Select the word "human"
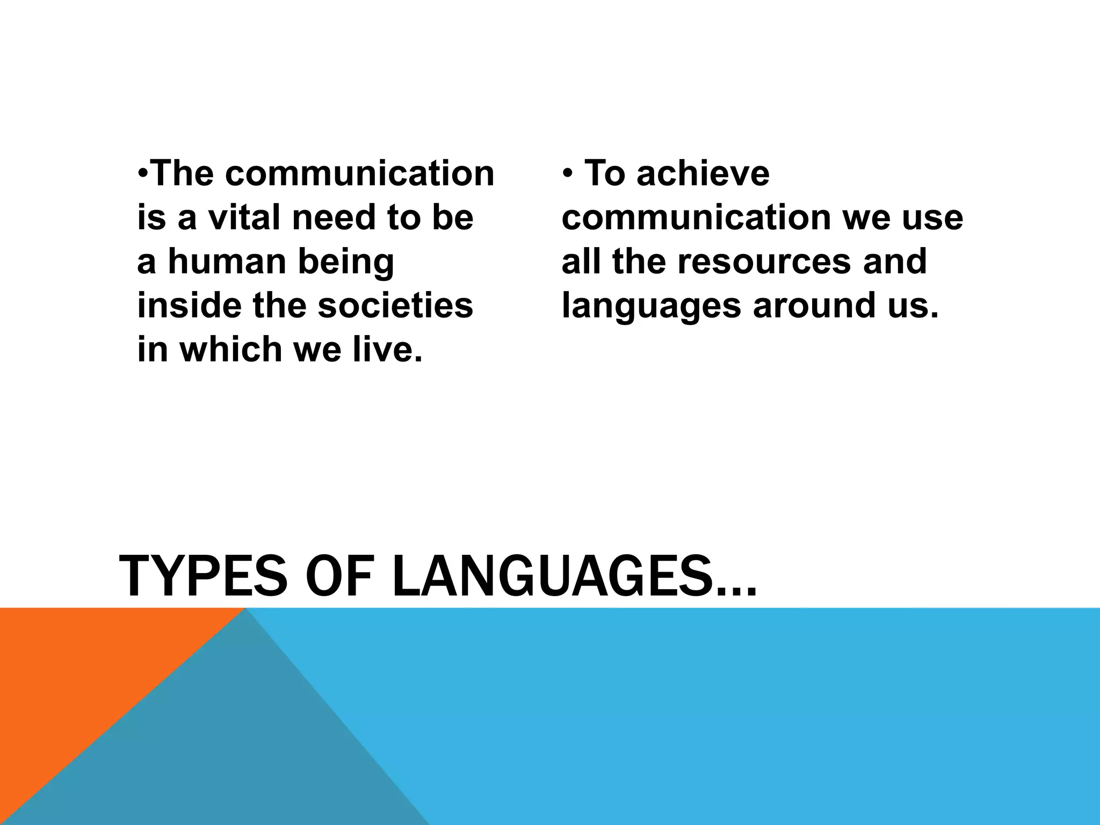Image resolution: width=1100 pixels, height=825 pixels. point(227,262)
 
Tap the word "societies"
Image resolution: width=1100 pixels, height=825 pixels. point(395,305)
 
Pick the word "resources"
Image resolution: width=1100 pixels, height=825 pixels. point(764,262)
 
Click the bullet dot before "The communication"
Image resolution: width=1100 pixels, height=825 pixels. point(142,174)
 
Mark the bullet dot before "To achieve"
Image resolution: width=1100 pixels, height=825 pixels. point(567,174)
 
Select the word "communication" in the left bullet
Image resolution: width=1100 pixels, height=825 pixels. point(359,173)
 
